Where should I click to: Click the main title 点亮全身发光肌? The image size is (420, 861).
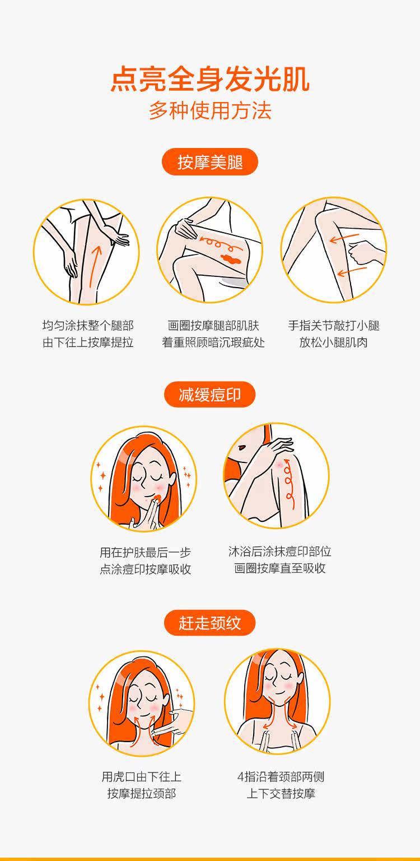(x=210, y=79)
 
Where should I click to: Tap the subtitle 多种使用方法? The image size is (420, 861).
(x=210, y=110)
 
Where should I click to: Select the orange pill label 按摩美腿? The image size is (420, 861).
(x=209, y=162)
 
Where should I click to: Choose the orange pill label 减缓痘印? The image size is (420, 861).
(x=209, y=395)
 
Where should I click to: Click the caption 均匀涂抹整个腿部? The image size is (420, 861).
(x=88, y=326)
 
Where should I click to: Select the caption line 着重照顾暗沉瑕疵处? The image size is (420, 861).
(x=213, y=342)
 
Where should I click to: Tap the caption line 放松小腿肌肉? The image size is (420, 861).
(x=333, y=342)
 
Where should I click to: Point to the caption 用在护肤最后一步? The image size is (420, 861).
(x=145, y=552)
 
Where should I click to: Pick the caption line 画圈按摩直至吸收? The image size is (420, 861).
(x=280, y=568)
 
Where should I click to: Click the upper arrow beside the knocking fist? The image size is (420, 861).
(x=344, y=238)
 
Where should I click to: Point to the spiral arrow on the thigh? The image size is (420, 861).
(x=216, y=243)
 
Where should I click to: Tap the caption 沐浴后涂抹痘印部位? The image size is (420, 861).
(x=280, y=552)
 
